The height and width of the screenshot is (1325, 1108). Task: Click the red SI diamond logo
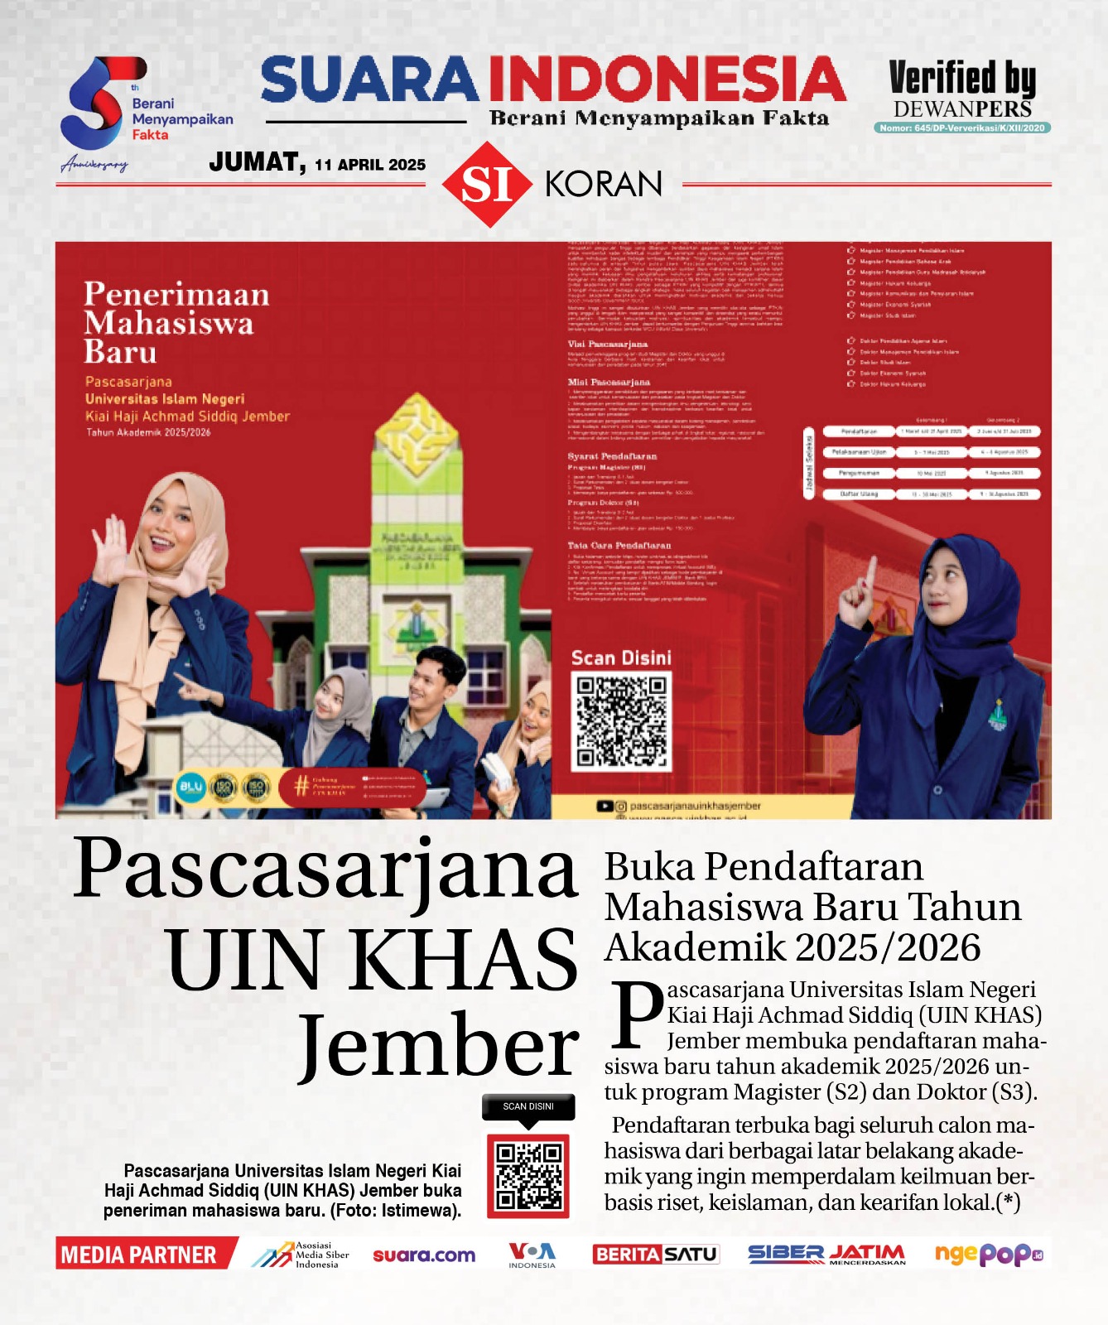tap(486, 185)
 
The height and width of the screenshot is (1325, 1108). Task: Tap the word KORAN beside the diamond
tap(604, 185)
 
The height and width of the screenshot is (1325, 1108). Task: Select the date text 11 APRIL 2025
tap(370, 165)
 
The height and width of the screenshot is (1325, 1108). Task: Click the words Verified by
tap(962, 79)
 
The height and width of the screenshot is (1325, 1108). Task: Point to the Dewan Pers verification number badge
tap(962, 128)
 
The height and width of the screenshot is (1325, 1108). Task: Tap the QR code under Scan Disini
tap(622, 720)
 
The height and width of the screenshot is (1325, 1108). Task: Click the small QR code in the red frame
tap(528, 1175)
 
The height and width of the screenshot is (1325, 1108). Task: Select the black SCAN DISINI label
tap(528, 1106)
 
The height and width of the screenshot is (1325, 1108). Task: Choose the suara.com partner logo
tap(424, 1255)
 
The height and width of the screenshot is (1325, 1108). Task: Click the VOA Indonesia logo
tap(532, 1255)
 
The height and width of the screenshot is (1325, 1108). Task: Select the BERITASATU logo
tap(655, 1255)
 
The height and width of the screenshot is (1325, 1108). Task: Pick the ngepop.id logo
tap(987, 1255)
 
